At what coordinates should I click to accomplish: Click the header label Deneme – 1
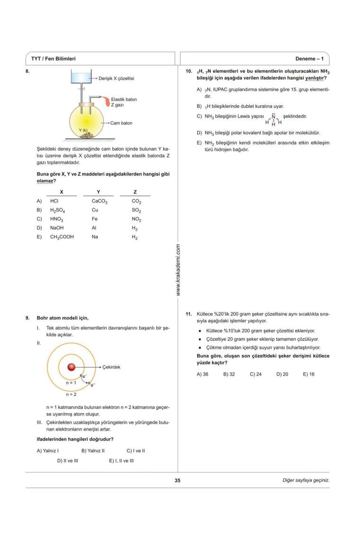(x=309, y=59)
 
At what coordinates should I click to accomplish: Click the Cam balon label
(x=121, y=123)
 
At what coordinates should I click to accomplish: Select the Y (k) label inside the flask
(x=83, y=130)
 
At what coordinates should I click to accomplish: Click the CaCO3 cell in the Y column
(x=100, y=201)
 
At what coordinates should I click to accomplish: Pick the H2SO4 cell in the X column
(x=57, y=210)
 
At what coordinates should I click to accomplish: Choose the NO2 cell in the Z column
(x=136, y=219)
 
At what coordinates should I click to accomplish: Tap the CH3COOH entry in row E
(x=62, y=237)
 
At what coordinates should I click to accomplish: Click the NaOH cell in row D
(x=57, y=228)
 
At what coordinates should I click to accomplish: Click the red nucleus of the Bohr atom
(x=71, y=367)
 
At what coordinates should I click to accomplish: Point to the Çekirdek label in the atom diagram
(x=111, y=367)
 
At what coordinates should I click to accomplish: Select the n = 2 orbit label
(x=72, y=394)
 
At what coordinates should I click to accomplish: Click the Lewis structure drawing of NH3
(x=273, y=120)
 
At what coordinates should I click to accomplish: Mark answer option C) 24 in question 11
(x=256, y=374)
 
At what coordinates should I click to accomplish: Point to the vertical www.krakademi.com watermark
(x=178, y=270)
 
